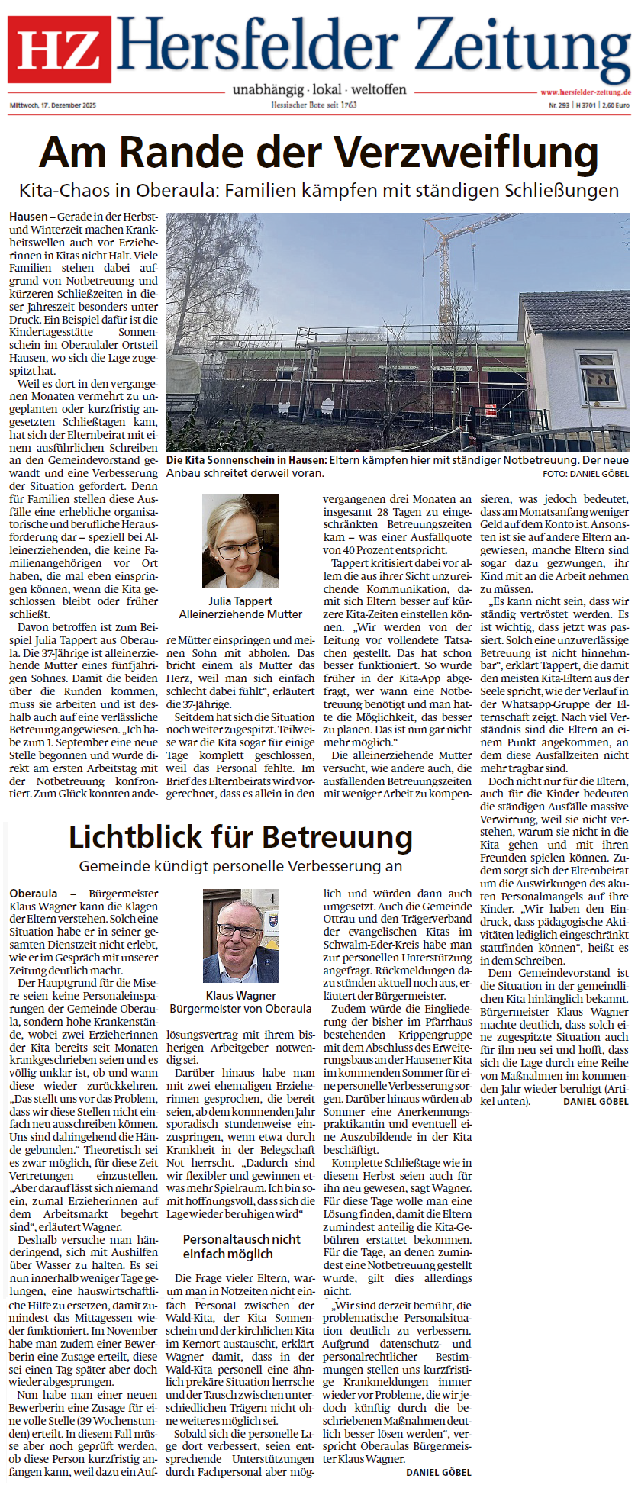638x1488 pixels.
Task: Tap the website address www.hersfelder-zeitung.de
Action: [585, 92]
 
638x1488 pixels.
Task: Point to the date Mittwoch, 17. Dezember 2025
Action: [53, 105]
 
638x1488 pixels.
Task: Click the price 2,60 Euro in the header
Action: [616, 105]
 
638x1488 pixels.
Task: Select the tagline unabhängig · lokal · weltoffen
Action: [319, 89]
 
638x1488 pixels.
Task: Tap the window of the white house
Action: [600, 378]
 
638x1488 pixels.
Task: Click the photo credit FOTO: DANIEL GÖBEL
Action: [586, 474]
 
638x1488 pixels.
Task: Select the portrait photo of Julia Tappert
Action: [240, 541]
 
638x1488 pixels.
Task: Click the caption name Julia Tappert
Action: [240, 601]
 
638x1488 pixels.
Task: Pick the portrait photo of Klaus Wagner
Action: [240, 936]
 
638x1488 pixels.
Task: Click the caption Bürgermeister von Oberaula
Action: [240, 1009]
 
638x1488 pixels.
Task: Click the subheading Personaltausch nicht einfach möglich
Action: [241, 1246]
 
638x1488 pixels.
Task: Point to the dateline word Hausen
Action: [28, 217]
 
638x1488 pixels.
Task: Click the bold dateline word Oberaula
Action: [34, 894]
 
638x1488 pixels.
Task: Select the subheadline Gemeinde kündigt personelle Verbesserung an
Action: [240, 866]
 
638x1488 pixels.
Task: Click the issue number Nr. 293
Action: [559, 105]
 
